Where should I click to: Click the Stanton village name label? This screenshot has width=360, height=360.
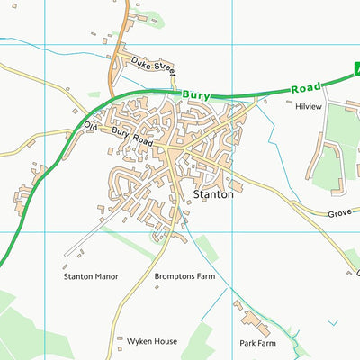[213, 193]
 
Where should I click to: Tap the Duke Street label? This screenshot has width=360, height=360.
[152, 65]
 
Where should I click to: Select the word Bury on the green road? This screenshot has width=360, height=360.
[195, 94]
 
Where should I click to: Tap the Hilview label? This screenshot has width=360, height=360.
[308, 106]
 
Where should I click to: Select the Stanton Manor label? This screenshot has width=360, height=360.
[90, 277]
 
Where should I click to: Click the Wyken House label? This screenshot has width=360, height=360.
[152, 342]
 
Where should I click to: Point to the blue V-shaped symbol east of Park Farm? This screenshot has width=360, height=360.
[334, 321]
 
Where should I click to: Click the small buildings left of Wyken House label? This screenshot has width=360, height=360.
[120, 340]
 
